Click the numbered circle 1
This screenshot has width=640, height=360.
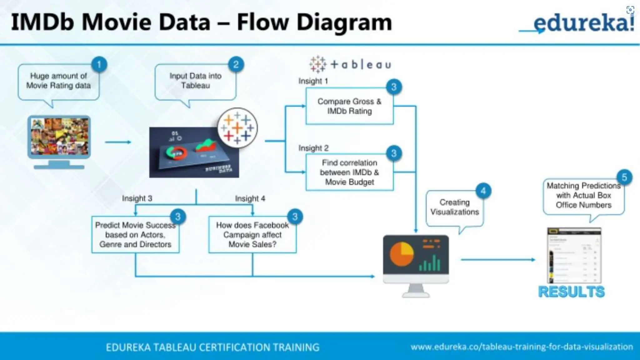(99, 65)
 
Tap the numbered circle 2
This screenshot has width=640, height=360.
(236, 65)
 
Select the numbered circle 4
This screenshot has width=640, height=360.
(483, 191)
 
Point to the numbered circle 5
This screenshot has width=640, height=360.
(624, 177)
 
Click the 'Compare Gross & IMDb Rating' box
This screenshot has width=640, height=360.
(349, 106)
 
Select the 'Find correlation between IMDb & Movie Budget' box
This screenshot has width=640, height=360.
(349, 172)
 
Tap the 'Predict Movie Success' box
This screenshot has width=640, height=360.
(135, 235)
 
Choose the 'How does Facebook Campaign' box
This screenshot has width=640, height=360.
(252, 235)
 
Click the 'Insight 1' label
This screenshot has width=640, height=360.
(313, 81)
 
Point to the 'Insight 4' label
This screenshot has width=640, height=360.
(250, 199)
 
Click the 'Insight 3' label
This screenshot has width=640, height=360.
(137, 198)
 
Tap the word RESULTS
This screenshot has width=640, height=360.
(571, 292)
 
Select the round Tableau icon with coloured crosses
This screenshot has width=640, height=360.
(237, 128)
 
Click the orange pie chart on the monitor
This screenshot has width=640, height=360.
(402, 254)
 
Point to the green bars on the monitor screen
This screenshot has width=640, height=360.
(430, 263)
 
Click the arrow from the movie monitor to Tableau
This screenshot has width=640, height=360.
(118, 142)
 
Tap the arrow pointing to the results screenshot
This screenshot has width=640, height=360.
(498, 259)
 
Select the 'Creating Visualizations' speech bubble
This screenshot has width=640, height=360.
(454, 207)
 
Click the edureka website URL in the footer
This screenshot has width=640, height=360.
(522, 347)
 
